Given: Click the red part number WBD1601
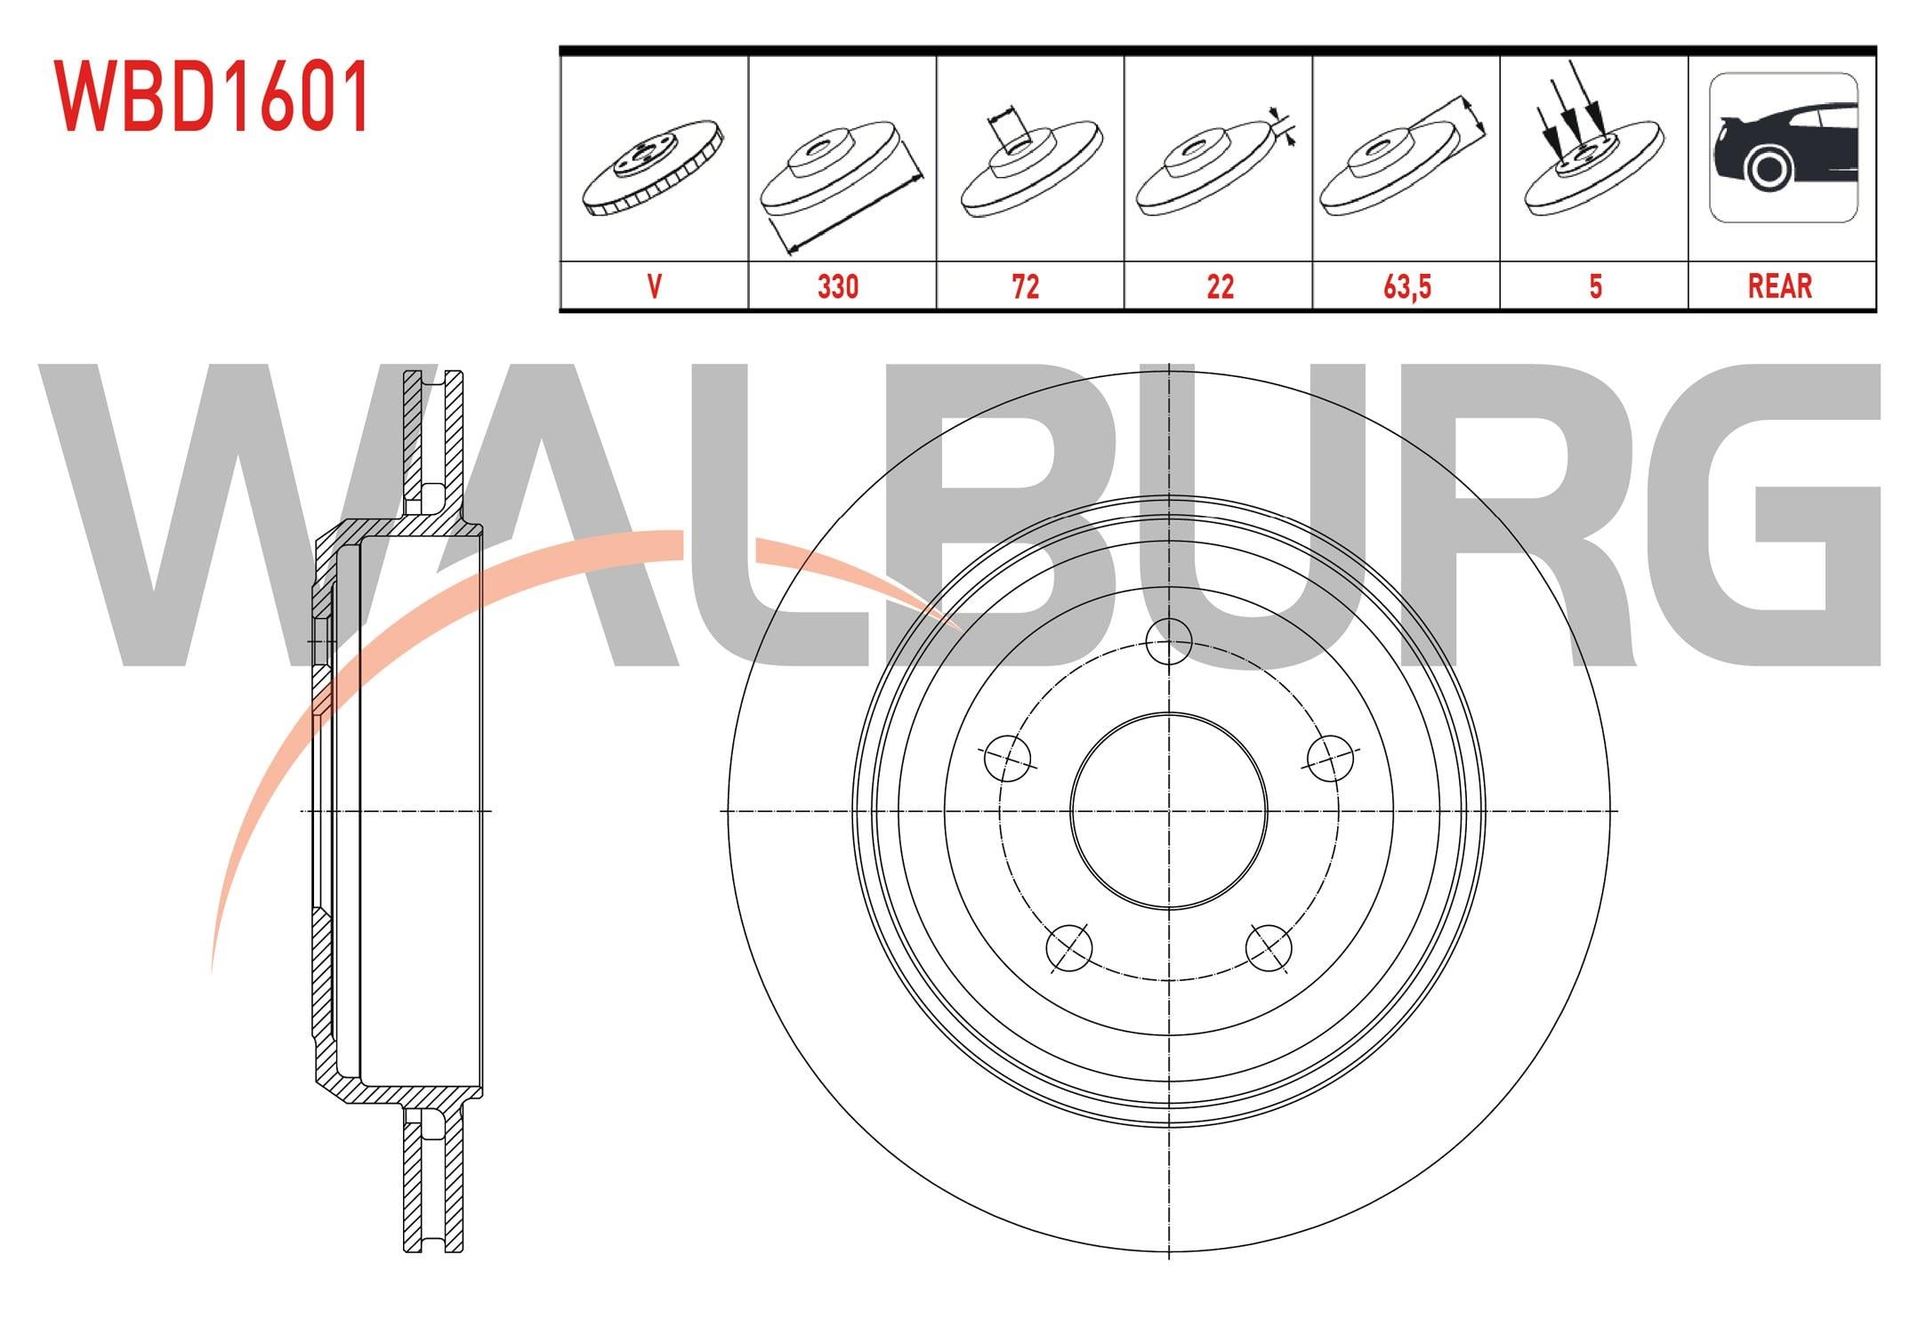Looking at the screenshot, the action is tap(213, 97).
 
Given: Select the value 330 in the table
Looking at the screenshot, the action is tap(838, 286).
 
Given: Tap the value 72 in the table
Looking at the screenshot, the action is tap(1026, 286).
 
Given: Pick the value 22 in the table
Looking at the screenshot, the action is tap(1221, 286).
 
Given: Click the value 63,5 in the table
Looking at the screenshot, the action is tap(1407, 287).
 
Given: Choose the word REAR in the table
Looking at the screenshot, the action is tap(1780, 286).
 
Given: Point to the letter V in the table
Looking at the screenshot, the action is tap(655, 286).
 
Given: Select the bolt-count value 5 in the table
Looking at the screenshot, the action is tap(1595, 286).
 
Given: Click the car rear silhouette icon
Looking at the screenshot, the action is tap(1784, 148).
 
